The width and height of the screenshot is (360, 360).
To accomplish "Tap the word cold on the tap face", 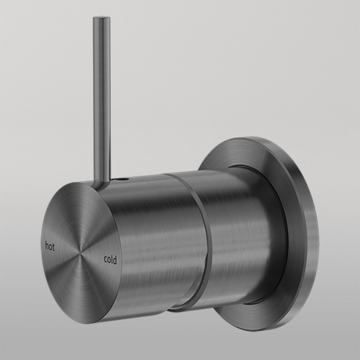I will [110, 260].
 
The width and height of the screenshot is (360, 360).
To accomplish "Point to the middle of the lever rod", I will [101, 96].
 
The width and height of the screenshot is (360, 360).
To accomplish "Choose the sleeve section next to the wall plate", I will [240, 234].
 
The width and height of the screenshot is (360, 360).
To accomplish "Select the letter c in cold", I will [106, 260].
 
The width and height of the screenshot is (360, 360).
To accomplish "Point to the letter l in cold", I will [113, 259].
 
